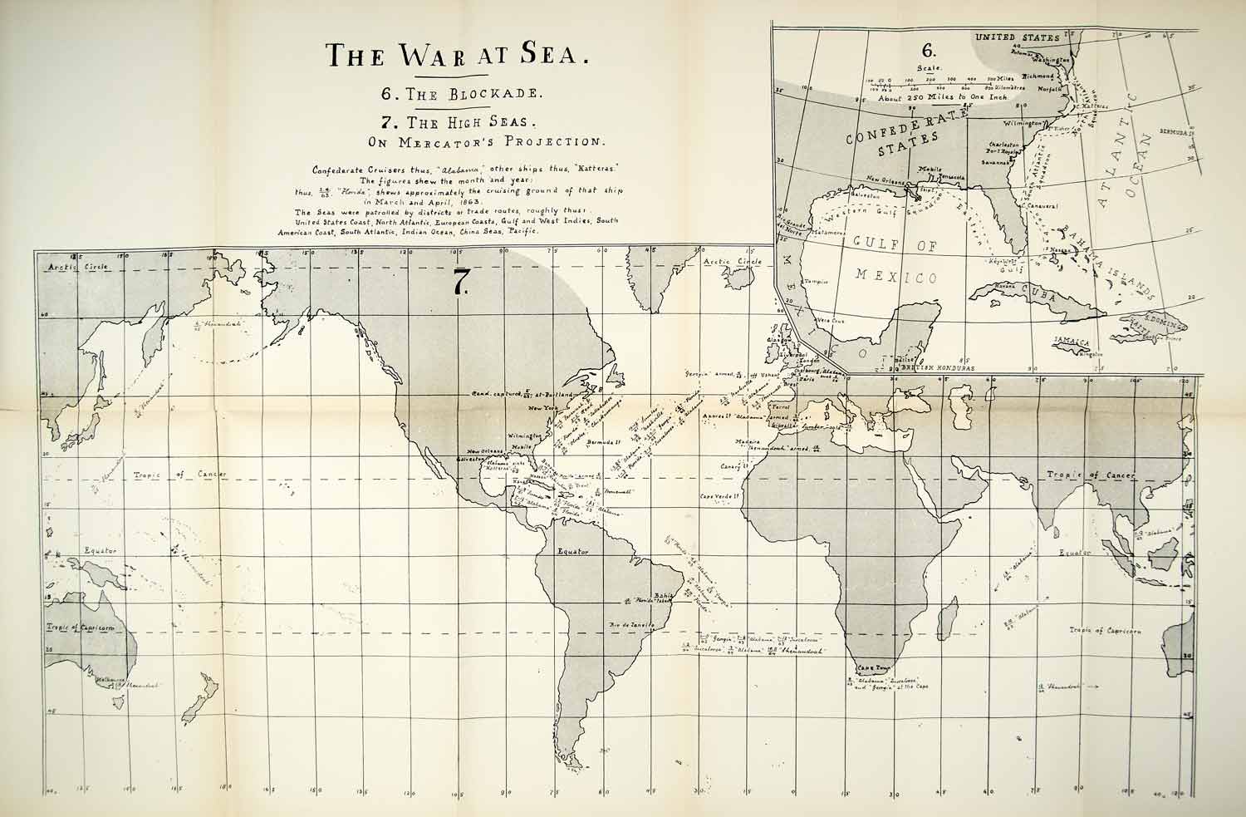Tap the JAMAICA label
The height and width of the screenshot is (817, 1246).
pyautogui.click(x=1072, y=341)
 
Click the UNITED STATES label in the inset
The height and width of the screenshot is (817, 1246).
pyautogui.click(x=1018, y=37)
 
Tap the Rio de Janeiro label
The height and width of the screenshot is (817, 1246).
pyautogui.click(x=634, y=624)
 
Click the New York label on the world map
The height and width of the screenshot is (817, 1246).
pyautogui.click(x=533, y=408)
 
